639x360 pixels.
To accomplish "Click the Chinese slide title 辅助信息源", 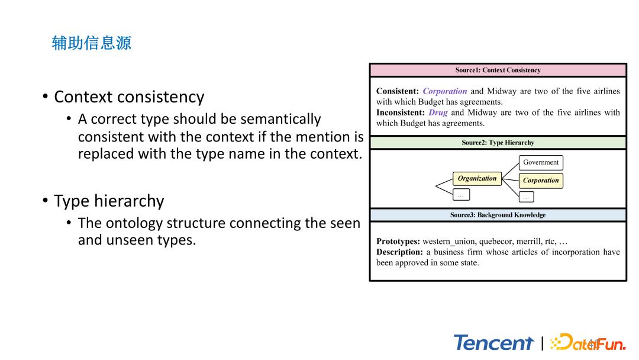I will (92, 43).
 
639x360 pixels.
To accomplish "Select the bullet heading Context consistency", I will (129, 97).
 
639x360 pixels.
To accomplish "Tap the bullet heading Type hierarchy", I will (109, 201).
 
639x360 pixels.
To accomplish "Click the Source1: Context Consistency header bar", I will (498, 70).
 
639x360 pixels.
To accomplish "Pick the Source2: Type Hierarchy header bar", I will (498, 143).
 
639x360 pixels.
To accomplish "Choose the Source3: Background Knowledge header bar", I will (498, 215).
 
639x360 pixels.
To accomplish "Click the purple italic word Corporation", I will (445, 91).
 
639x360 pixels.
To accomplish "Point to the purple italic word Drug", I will (438, 112).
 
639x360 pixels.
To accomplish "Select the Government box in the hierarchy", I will (541, 162).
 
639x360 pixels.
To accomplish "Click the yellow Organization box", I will (477, 178).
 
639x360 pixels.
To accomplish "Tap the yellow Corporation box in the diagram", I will (541, 181).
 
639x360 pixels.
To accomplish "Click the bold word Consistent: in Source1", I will (397, 91).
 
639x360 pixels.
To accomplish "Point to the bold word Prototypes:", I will (398, 242).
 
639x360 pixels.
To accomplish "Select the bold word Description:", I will (399, 252).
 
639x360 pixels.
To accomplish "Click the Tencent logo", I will (493, 343).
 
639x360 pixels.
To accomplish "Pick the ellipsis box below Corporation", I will (526, 197).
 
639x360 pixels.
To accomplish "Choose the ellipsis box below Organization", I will (461, 194).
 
